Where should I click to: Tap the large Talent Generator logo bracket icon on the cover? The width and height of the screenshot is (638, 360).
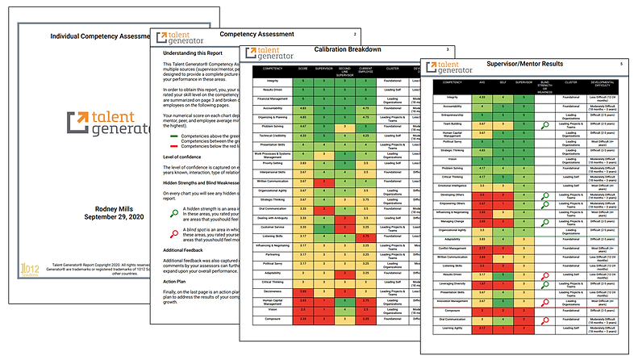[77, 123]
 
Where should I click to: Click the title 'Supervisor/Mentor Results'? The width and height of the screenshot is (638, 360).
[529, 63]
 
